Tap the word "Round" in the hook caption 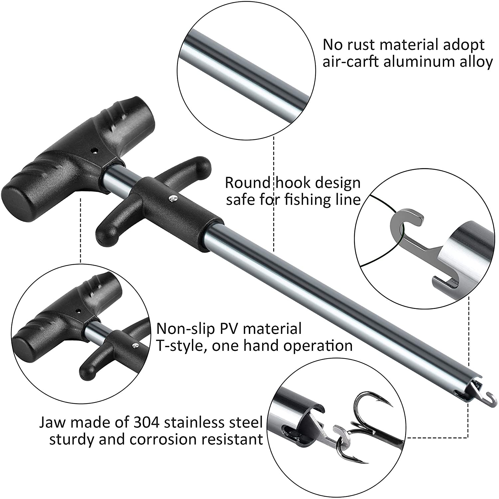pyautogui.click(x=248, y=183)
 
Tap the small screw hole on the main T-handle pyautogui.click(x=95, y=150)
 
